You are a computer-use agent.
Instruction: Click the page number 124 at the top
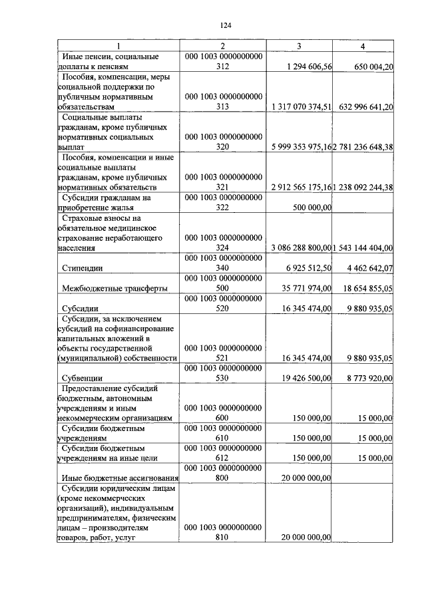click(224, 25)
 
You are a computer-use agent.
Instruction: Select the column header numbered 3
click(298, 47)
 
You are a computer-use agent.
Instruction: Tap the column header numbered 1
click(118, 47)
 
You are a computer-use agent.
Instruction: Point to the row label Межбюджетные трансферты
click(114, 288)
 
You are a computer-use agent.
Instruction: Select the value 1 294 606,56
click(308, 67)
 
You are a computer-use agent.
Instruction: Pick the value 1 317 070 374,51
click(302, 106)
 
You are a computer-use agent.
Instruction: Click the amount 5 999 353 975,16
click(302, 146)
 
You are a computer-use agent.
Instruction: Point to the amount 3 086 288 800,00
click(302, 247)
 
